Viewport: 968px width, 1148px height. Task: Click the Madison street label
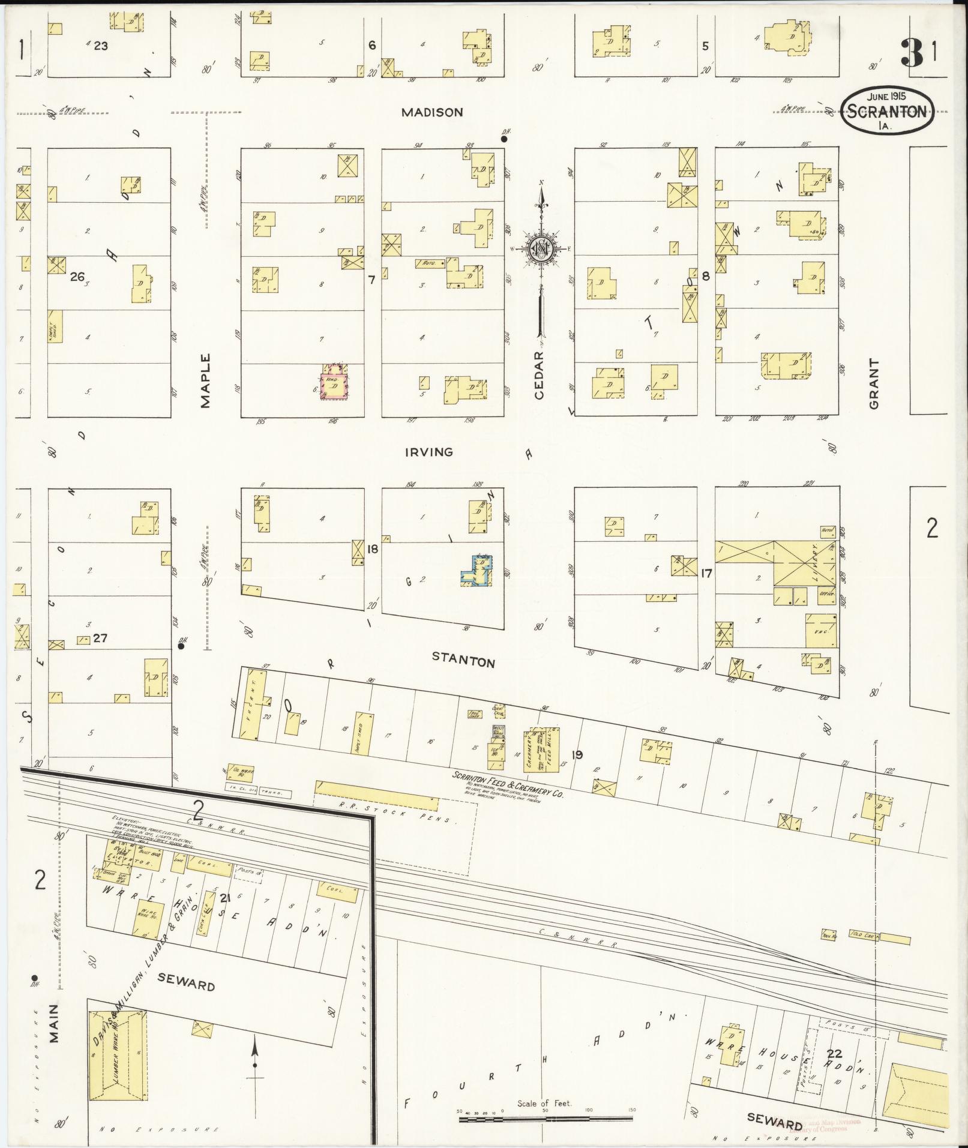tap(432, 112)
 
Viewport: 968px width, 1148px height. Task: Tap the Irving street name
tap(428, 452)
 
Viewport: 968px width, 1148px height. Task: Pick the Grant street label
tap(873, 384)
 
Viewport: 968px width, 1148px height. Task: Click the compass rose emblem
tap(542, 247)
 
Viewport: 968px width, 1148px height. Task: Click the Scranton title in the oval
tap(888, 111)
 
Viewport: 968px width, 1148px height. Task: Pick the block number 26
tap(77, 277)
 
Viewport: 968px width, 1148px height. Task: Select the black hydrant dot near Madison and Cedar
tap(504, 139)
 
